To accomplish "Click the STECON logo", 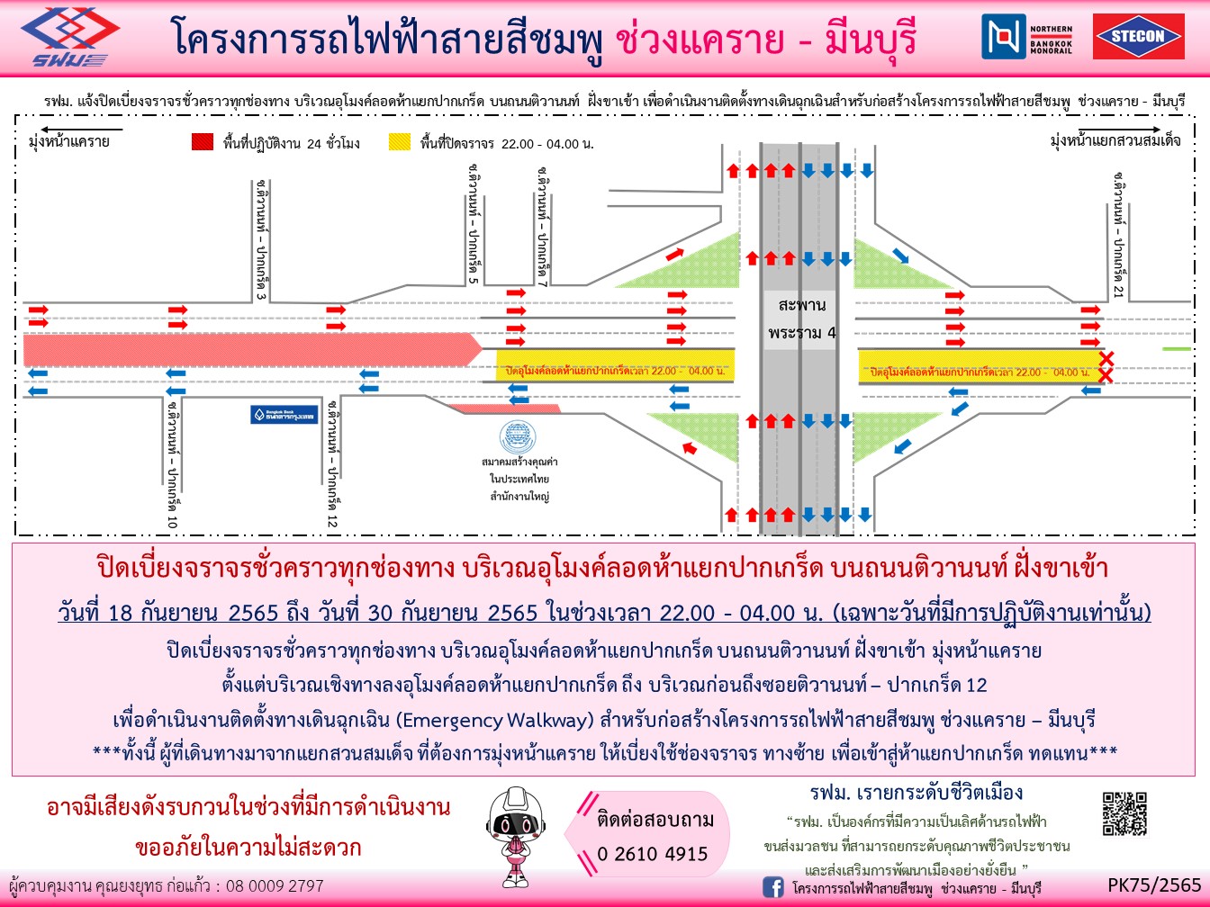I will (x=1138, y=37).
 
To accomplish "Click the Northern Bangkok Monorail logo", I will (x=1027, y=37).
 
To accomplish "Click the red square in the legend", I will (x=203, y=142).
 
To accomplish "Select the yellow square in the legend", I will (x=400, y=142).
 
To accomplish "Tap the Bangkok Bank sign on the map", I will (x=284, y=415).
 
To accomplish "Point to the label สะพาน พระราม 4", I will (x=801, y=319).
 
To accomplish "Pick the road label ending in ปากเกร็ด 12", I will (x=332, y=464).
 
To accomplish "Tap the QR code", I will (x=1124, y=813).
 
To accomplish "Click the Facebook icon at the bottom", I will (x=772, y=887).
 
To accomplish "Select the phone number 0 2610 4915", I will (x=653, y=854).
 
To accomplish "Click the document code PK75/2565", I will (x=1154, y=885).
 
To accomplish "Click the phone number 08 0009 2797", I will (x=275, y=885).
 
